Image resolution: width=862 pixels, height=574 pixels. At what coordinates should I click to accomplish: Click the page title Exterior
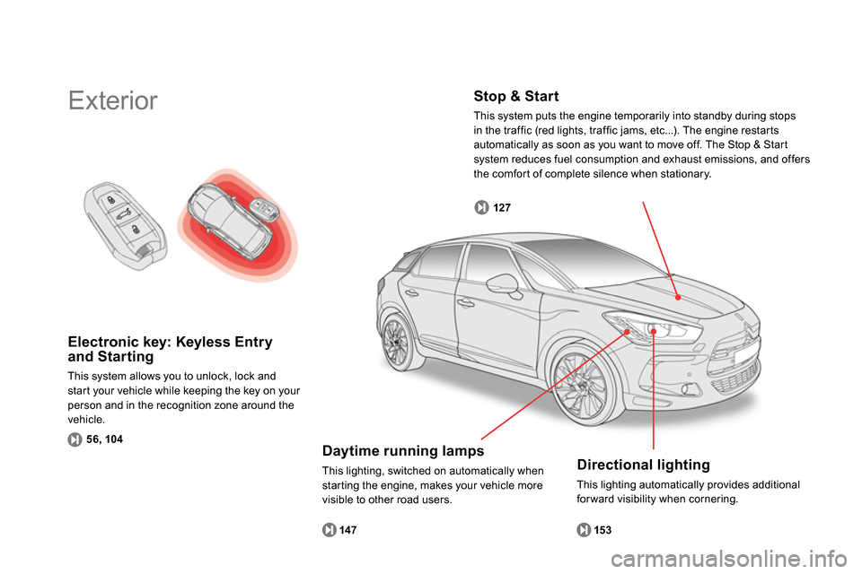113,100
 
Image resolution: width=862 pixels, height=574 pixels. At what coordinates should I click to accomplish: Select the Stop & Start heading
515,96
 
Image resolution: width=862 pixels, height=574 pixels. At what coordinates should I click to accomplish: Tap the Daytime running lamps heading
403,450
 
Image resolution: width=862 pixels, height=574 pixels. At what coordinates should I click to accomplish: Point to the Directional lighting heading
643,465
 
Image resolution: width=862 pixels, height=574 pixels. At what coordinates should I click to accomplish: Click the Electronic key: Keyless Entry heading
170,349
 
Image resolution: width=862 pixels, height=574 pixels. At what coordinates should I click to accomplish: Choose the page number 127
502,208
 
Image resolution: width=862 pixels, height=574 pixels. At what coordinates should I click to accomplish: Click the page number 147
348,531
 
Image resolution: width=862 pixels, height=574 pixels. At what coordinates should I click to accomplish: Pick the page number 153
603,531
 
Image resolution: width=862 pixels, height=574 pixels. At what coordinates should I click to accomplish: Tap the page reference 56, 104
105,439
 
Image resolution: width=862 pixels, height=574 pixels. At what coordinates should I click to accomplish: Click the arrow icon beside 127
482,208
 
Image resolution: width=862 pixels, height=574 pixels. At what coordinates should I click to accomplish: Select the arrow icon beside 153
584,531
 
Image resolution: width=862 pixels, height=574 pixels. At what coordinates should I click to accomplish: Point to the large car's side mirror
508,284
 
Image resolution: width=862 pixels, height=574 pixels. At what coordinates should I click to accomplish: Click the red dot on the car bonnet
679,296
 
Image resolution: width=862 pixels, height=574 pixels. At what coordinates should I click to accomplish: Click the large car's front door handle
465,304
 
